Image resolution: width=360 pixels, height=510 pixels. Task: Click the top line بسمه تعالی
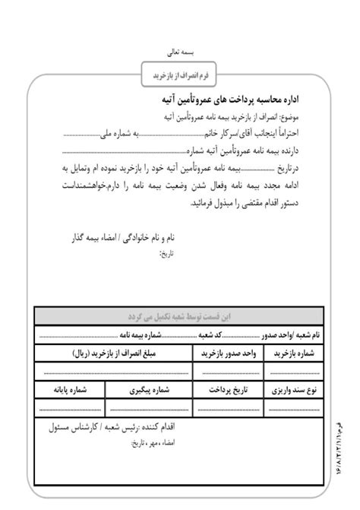point(180,55)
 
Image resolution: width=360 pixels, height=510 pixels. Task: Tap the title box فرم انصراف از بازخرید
point(179,75)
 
